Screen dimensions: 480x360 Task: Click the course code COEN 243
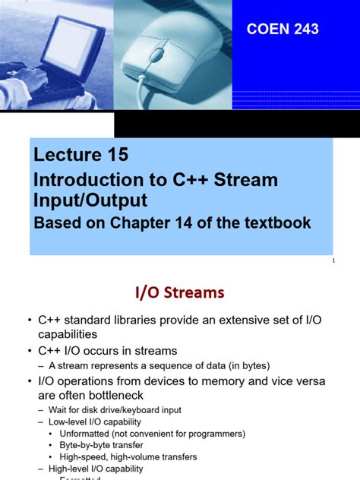coord(283,30)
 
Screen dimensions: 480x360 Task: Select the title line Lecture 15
coord(81,156)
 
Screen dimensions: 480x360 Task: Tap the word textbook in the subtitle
coord(274,223)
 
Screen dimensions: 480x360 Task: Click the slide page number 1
coord(333,261)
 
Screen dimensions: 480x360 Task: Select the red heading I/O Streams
coord(180,292)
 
